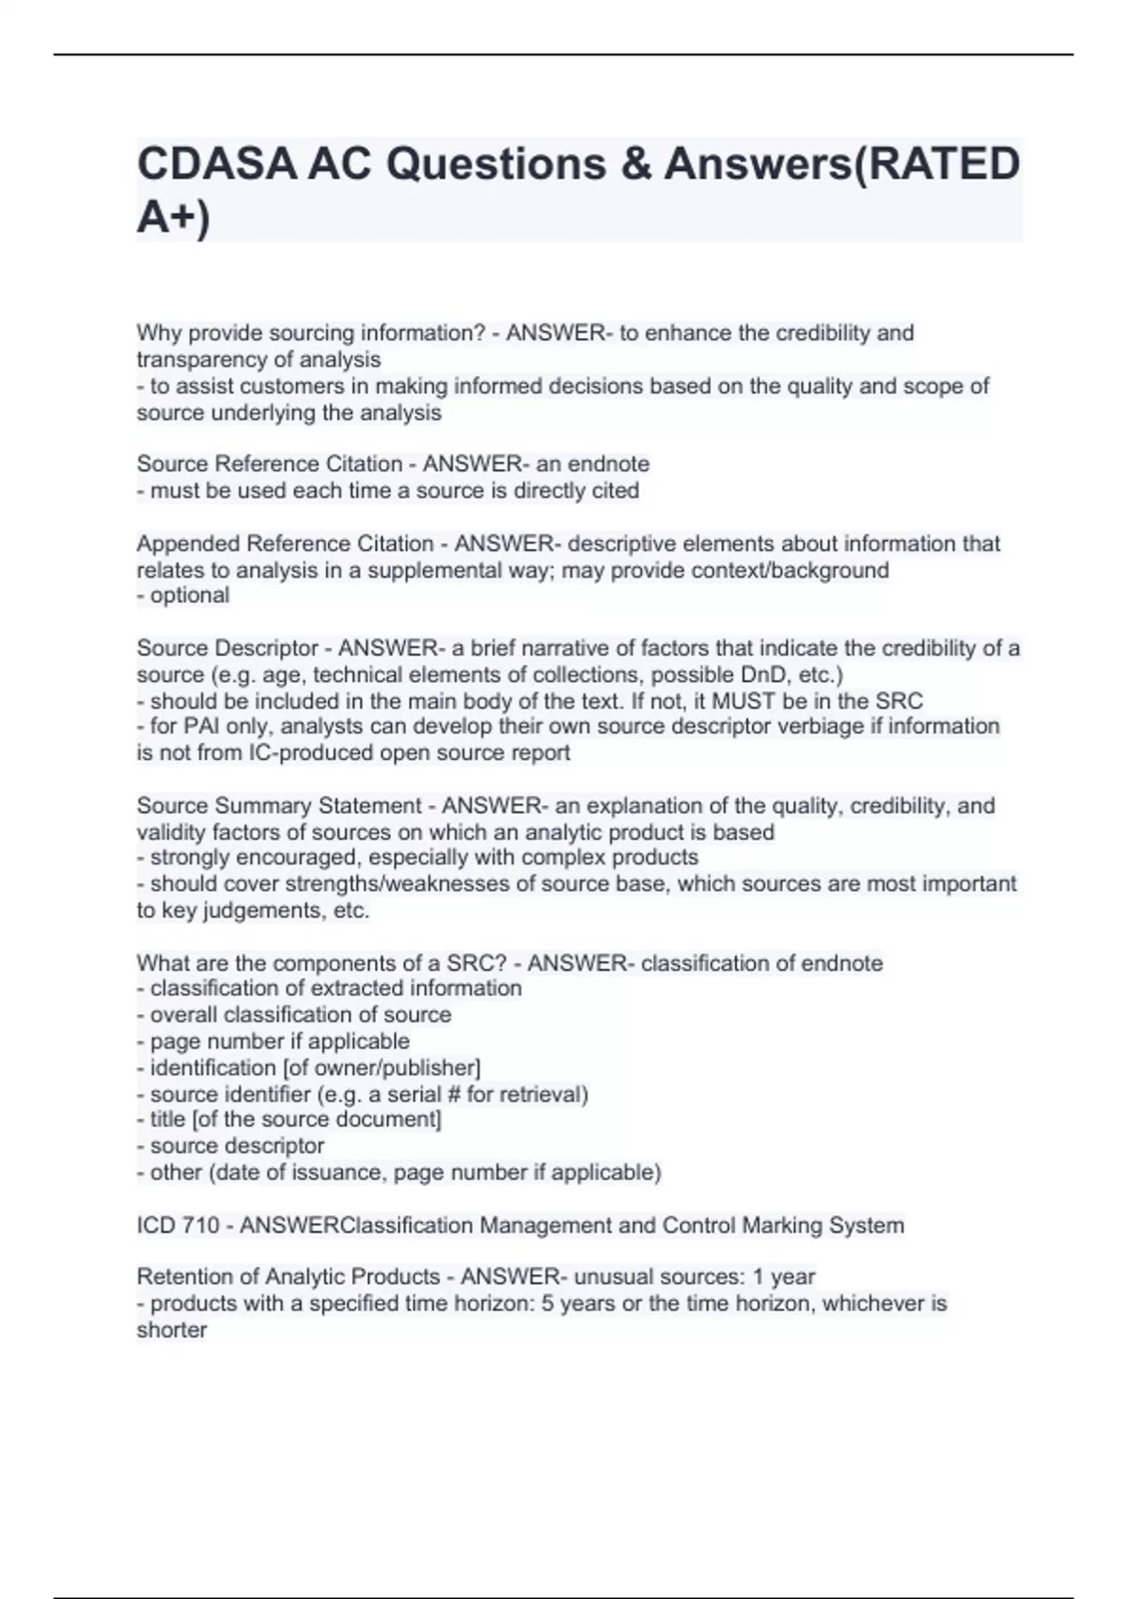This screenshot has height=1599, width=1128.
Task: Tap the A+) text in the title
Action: pos(174,217)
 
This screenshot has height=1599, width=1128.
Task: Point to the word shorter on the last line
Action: pos(172,1330)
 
